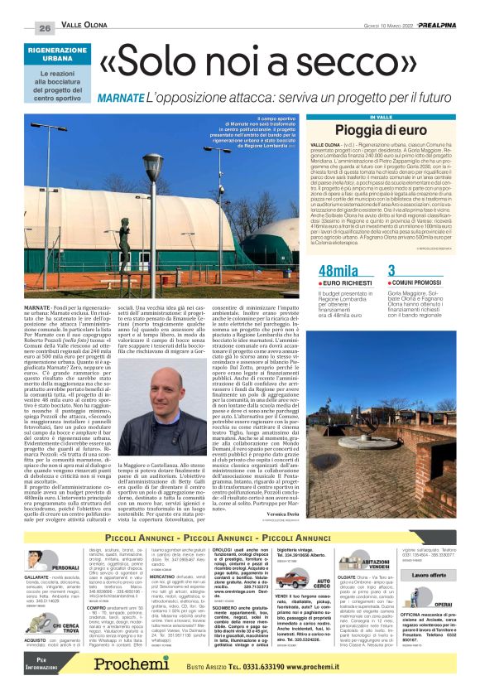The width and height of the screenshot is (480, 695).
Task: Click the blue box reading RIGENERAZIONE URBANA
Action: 58,54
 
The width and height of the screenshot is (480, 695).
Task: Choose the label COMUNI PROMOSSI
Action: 423,282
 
